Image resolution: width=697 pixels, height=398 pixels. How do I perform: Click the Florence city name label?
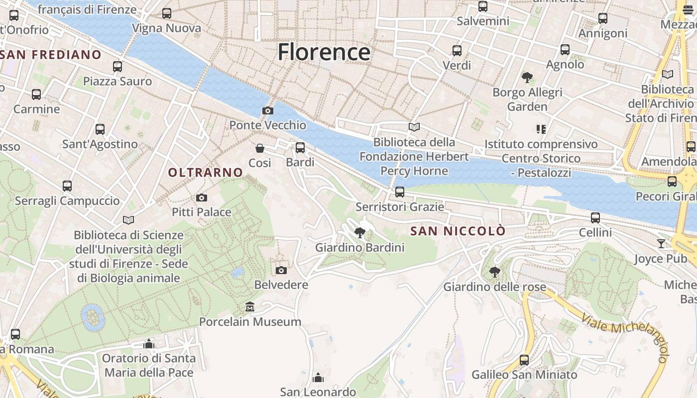click(x=324, y=52)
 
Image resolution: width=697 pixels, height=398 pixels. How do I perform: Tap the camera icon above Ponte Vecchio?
click(x=268, y=110)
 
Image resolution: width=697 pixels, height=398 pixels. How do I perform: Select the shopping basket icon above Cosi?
click(x=260, y=148)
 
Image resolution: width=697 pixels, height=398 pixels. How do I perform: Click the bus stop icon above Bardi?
click(x=300, y=148)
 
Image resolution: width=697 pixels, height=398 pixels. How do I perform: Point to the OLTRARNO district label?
click(x=206, y=173)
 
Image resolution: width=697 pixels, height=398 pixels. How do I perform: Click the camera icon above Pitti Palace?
click(x=201, y=198)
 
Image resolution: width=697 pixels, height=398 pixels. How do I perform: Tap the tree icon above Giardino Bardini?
click(x=359, y=232)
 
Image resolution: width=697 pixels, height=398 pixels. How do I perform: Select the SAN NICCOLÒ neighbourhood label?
click(x=458, y=231)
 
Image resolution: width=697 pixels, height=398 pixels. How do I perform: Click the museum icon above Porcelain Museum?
click(x=250, y=307)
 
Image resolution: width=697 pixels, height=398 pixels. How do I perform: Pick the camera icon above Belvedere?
click(x=281, y=270)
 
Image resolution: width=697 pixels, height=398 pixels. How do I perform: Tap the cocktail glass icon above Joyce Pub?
click(x=661, y=244)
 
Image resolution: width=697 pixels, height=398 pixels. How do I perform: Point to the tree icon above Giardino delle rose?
click(x=494, y=272)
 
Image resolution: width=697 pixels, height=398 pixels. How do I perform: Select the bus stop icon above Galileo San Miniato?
click(x=524, y=360)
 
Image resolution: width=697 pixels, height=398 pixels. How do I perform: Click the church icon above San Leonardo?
click(x=318, y=378)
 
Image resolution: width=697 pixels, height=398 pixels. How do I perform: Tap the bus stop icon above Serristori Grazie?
click(x=399, y=192)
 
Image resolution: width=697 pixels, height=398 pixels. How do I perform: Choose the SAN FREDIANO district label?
click(x=51, y=55)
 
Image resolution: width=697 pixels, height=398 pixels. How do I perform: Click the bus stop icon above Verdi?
click(x=457, y=51)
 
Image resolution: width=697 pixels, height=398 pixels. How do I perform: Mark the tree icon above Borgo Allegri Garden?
click(x=527, y=78)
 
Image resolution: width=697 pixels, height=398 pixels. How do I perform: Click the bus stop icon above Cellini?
click(x=595, y=218)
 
